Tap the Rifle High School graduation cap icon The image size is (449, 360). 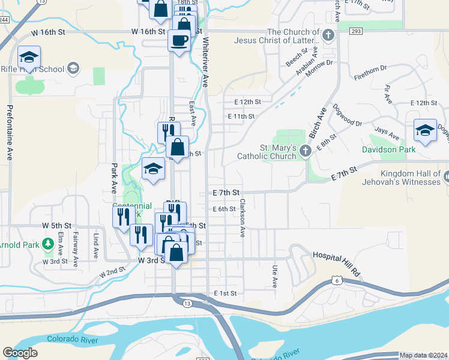(x=73, y=68)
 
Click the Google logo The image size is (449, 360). (x=20, y=353)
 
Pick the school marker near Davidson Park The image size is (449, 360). (x=424, y=130)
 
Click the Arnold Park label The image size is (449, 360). (x=18, y=245)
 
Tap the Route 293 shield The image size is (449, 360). (x=356, y=31)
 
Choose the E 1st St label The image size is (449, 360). (x=226, y=293)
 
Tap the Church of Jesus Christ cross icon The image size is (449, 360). (x=328, y=35)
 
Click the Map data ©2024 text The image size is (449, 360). (x=424, y=355)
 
